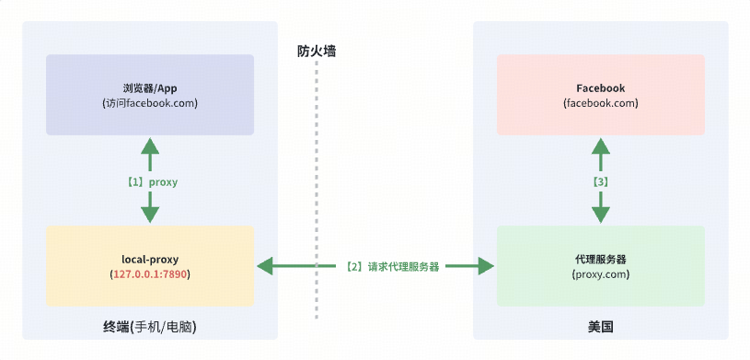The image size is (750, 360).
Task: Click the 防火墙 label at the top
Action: click(x=316, y=52)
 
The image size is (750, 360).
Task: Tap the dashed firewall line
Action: click(x=316, y=184)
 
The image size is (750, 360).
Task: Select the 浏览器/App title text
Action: click(x=150, y=88)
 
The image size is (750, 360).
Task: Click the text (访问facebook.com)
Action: click(x=150, y=103)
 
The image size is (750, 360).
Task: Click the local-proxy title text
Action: click(x=150, y=260)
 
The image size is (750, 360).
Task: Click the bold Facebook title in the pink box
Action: click(x=600, y=88)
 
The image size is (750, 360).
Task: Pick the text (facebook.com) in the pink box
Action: click(x=600, y=103)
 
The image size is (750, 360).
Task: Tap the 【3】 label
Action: click(x=600, y=182)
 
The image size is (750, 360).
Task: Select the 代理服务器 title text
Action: click(x=600, y=260)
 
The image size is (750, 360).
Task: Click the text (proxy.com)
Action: click(x=600, y=274)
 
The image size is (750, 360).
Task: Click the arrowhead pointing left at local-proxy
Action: click(x=266, y=267)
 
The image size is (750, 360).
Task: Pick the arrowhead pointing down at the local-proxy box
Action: click(x=150, y=215)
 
